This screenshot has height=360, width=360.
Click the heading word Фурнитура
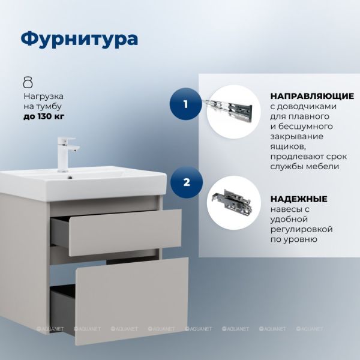pos(79,38)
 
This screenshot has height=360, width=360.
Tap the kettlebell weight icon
pos(28,82)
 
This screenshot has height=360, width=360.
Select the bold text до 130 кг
pos(44,116)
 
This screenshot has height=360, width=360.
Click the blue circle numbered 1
pos(185,104)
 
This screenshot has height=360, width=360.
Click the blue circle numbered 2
pos(187,183)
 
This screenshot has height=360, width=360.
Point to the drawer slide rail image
pos(229,110)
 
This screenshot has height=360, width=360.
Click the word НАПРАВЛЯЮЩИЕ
pos(312,96)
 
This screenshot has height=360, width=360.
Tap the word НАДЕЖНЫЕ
pos(299,199)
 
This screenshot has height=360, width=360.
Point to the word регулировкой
pos(301,229)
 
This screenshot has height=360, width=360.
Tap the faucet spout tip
pos(74,150)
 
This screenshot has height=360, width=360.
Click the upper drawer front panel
pos(125,233)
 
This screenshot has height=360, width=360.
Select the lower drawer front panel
pos(132,301)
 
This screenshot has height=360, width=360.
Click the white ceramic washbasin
pos(83,183)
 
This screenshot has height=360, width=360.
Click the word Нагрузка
pos(44,97)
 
